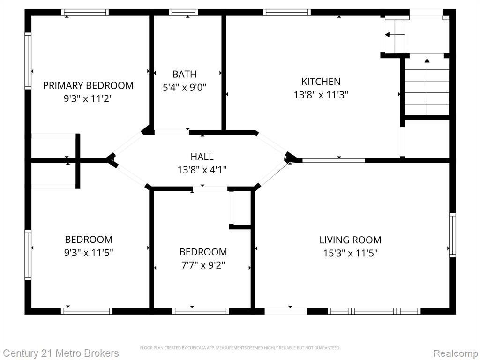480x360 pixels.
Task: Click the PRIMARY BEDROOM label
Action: coord(88,85)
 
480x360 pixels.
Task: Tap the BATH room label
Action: coord(184,74)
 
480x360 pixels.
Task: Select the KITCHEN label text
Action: coord(321,82)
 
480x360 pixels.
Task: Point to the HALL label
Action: coord(202,157)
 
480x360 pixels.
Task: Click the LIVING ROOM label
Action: coord(350,240)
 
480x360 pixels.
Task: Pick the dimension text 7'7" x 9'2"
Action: coord(203,265)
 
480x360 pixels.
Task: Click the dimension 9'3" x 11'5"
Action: coord(89,253)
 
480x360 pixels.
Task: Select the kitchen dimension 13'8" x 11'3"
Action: coord(321,95)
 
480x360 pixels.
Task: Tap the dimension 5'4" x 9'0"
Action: coord(184,88)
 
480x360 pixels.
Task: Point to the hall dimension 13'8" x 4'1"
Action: coord(202,170)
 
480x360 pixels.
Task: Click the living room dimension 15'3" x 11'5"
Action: coord(351,253)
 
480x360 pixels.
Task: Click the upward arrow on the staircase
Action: coord(427,86)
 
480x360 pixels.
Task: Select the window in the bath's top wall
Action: coord(183,12)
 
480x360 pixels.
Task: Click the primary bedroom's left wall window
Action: coord(28,60)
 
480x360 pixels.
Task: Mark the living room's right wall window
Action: coord(452,235)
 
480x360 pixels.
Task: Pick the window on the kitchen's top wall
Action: coord(287,12)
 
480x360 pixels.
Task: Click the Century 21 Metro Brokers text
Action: coord(60,353)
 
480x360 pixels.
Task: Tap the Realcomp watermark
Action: coord(455,353)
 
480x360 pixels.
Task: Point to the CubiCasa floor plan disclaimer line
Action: coord(240,348)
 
